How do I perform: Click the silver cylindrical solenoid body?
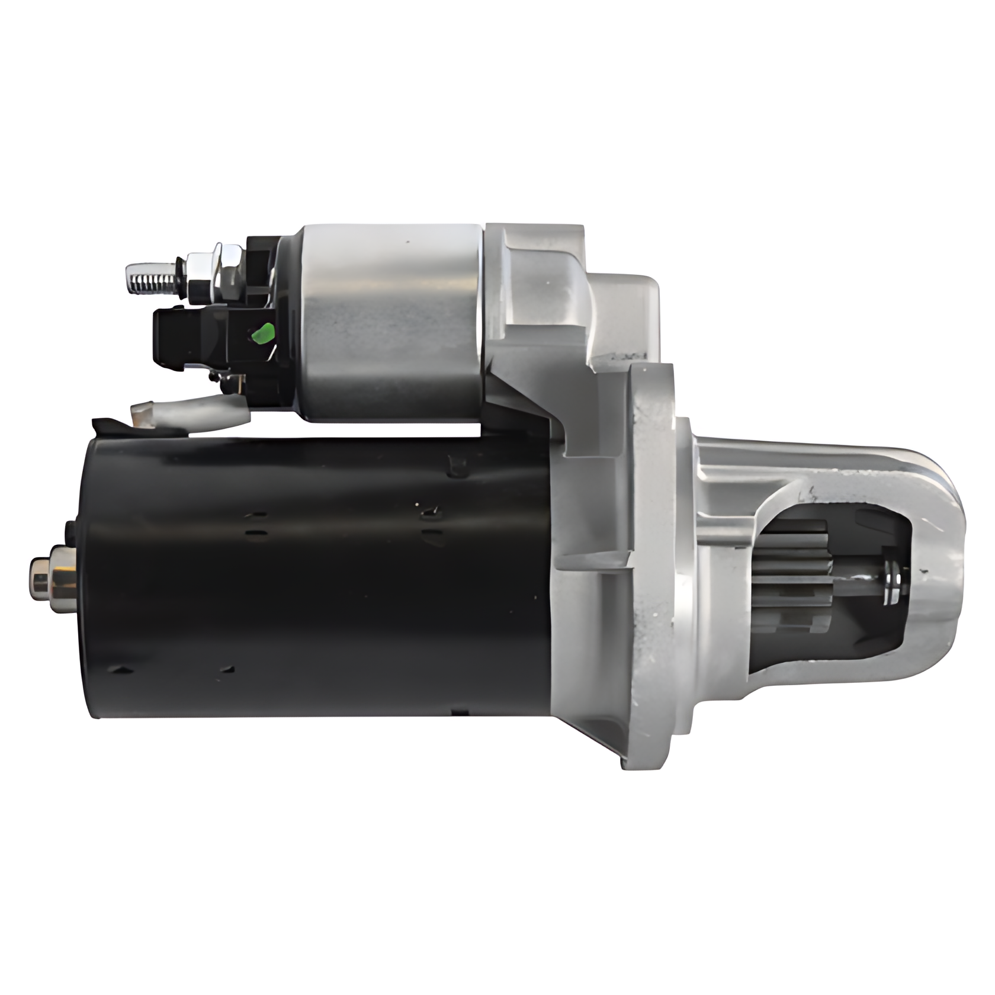(x=391, y=323)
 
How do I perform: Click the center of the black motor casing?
(x=320, y=577)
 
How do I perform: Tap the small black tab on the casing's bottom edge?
(x=459, y=711)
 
